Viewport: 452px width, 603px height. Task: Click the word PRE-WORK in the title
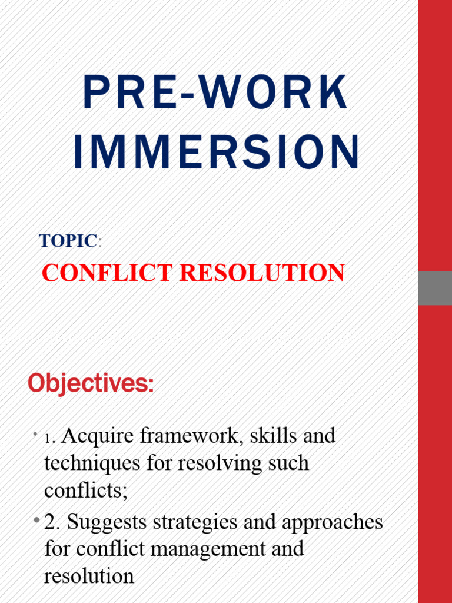[215, 93]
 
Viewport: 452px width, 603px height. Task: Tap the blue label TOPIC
[68, 241]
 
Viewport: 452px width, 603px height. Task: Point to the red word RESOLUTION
[262, 273]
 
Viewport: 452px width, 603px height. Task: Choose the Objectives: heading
[91, 384]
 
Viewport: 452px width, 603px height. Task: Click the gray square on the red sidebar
[435, 288]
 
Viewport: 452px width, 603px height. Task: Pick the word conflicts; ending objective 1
[85, 491]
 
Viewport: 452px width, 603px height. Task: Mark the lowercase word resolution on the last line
[89, 576]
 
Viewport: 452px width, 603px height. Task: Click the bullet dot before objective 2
[36, 519]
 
